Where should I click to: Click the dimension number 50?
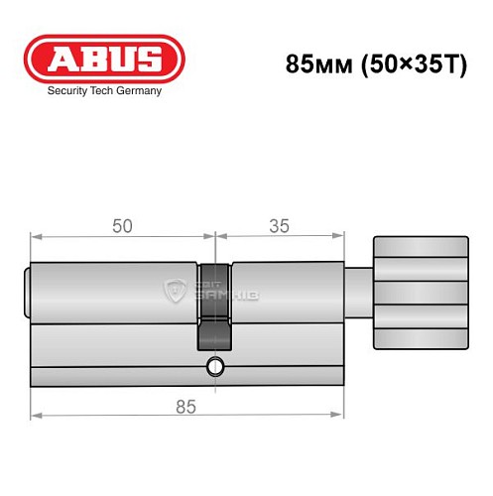122,225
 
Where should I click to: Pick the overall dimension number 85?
185,406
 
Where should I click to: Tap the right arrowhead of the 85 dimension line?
338,418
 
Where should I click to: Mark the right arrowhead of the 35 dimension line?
338,237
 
